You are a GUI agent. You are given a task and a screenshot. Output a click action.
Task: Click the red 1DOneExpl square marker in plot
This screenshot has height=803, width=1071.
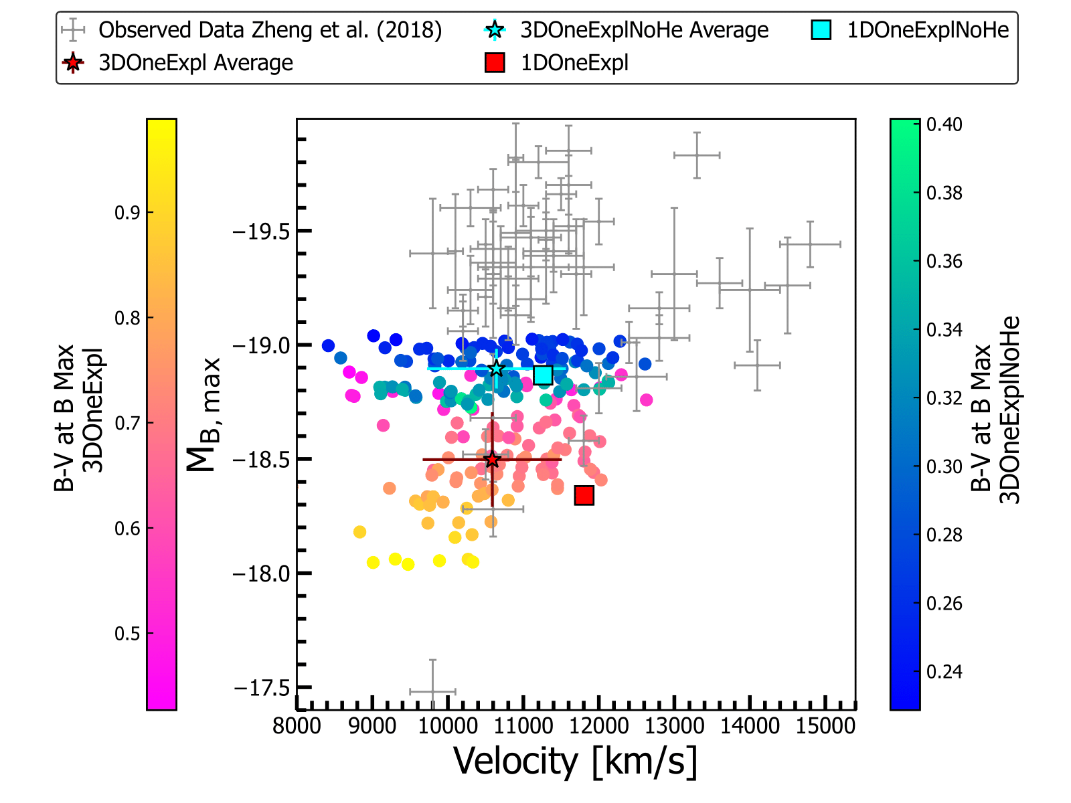[x=584, y=495]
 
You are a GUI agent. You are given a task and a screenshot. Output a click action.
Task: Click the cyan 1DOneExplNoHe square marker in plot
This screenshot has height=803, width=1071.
[x=543, y=375]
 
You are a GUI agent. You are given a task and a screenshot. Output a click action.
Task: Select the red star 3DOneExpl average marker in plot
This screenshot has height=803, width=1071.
[x=492, y=460]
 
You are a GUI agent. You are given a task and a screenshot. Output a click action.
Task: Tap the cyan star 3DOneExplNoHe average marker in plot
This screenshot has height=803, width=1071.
[x=496, y=369]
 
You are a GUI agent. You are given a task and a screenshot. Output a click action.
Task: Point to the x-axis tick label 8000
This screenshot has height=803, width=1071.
[x=297, y=725]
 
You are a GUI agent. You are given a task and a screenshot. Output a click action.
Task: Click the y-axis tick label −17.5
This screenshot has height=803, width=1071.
[x=261, y=687]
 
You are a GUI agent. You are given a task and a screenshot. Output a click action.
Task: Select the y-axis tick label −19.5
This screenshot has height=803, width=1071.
[x=261, y=232]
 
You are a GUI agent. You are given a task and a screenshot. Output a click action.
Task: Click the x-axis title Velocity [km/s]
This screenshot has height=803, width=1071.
[x=575, y=761]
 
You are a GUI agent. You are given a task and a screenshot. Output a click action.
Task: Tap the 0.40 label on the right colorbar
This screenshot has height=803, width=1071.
[x=944, y=124]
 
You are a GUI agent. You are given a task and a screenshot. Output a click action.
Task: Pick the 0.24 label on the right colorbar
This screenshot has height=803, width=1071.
[x=944, y=671]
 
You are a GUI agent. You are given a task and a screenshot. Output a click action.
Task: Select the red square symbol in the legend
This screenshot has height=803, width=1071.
[x=495, y=63]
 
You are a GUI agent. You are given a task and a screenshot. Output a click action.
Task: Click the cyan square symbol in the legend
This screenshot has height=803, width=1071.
[x=821, y=30]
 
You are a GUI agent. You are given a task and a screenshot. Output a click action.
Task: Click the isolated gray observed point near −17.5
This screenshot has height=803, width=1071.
[x=432, y=691]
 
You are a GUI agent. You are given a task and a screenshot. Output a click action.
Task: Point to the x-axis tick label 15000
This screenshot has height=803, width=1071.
[x=825, y=725]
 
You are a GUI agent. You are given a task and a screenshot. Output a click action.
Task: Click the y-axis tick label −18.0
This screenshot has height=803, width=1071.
[x=261, y=573]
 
